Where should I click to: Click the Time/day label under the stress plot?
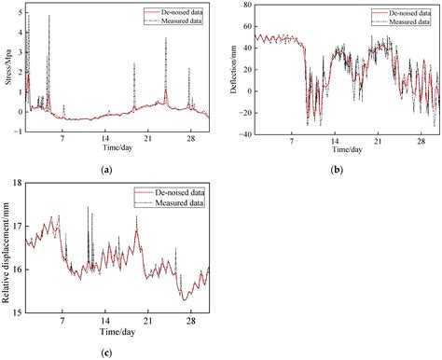(x=116, y=149)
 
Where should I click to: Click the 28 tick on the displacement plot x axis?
(x=190, y=320)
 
